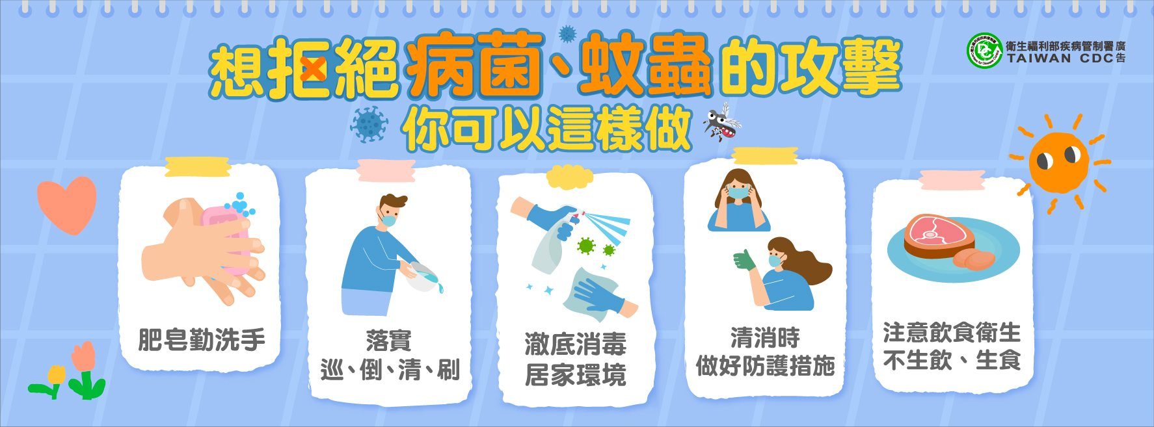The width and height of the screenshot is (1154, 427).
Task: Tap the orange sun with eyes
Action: click(x=1058, y=162)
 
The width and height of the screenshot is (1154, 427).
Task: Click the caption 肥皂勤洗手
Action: click(x=202, y=339)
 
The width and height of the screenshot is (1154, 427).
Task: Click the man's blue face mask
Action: click(x=389, y=220)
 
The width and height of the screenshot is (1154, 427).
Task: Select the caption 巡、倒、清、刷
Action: click(x=390, y=371)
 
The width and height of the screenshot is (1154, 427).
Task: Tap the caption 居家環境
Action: click(x=575, y=375)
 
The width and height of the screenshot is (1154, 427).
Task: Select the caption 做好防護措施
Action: click(x=765, y=367)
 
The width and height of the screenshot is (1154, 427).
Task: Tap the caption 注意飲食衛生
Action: click(x=952, y=333)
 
